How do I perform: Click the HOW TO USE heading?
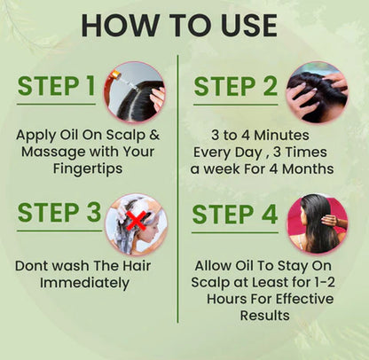[184, 25]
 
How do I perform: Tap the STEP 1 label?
[55, 87]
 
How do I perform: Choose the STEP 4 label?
[236, 215]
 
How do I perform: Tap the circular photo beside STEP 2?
[317, 91]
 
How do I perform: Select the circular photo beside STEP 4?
[316, 223]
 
